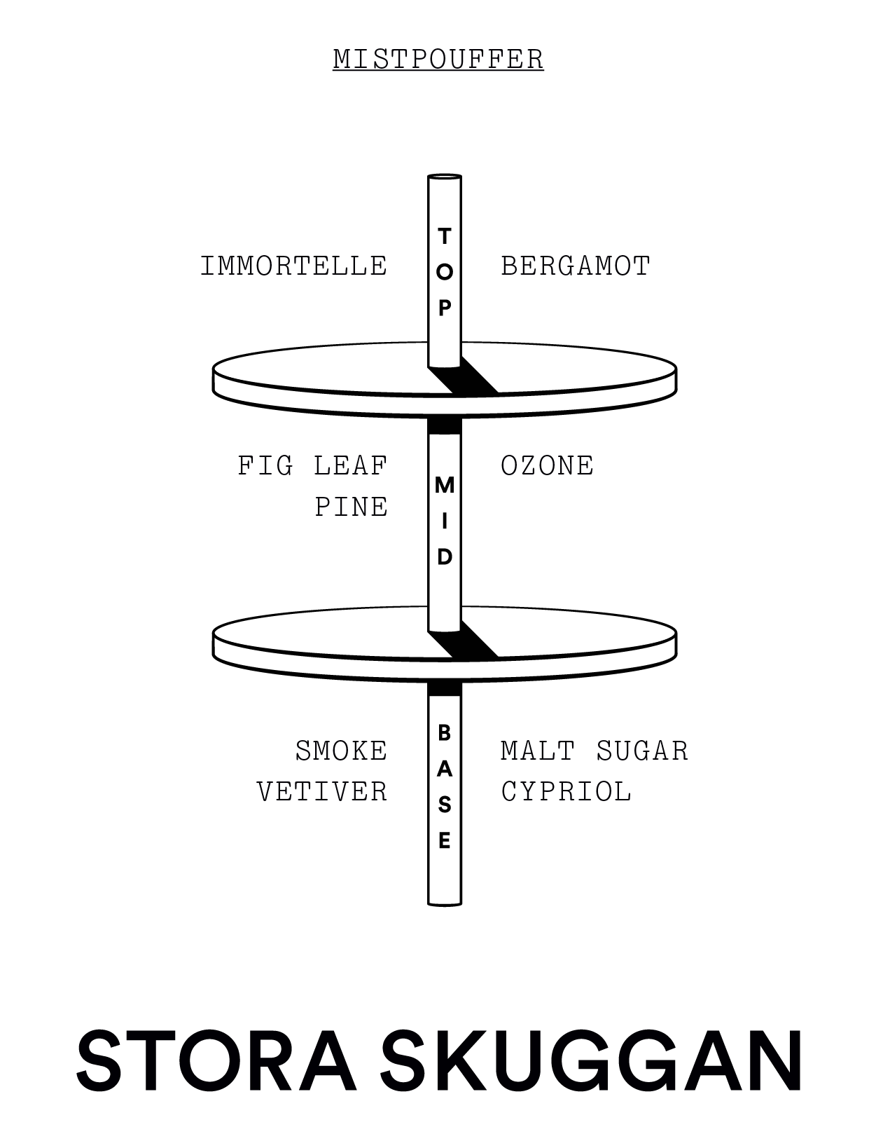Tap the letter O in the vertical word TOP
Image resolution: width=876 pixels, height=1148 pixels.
click(x=445, y=272)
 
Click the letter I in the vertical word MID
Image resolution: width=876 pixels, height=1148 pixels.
click(x=445, y=521)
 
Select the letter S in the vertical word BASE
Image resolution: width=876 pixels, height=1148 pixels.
click(x=445, y=805)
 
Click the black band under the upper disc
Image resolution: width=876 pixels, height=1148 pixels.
click(x=445, y=425)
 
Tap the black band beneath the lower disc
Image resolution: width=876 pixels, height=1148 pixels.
click(x=445, y=690)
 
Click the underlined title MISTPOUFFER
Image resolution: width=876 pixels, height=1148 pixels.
click(x=438, y=59)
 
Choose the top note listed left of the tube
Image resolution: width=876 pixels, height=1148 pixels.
click(x=294, y=266)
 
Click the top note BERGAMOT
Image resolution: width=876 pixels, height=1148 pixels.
click(x=576, y=266)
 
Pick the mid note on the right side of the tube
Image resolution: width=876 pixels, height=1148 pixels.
click(x=548, y=465)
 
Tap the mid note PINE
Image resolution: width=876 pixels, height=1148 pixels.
click(x=352, y=507)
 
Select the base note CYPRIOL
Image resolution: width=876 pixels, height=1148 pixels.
click(x=566, y=792)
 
